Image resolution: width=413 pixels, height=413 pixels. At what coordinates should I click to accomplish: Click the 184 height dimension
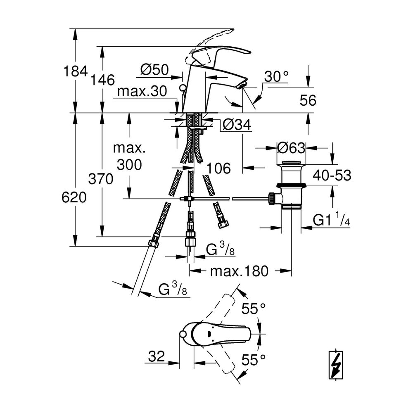pyautogui.click(x=75, y=71)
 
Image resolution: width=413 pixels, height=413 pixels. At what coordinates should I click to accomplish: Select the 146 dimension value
pyautogui.click(x=102, y=80)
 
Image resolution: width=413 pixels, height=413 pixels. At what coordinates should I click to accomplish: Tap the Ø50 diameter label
pyautogui.click(x=154, y=70)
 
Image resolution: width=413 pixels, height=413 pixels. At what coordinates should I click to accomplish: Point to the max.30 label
pyautogui.click(x=142, y=91)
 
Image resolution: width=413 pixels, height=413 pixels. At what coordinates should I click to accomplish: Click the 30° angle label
pyautogui.click(x=276, y=76)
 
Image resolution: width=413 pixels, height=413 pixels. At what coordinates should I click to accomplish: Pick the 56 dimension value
pyautogui.click(x=308, y=100)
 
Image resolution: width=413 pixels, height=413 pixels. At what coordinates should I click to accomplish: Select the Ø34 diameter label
pyautogui.click(x=237, y=124)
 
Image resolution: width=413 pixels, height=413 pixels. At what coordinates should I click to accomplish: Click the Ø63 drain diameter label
pyautogui.click(x=291, y=148)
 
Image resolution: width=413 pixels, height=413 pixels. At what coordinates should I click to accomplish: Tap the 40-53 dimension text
pyautogui.click(x=332, y=175)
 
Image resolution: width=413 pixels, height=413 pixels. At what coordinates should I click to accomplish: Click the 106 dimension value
pyautogui.click(x=218, y=168)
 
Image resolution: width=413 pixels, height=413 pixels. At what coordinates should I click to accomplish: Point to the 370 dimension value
pyautogui.click(x=101, y=179)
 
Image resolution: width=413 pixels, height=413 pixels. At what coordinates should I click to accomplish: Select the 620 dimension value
pyautogui.click(x=74, y=197)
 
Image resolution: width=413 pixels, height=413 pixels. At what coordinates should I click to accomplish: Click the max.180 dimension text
pyautogui.click(x=239, y=271)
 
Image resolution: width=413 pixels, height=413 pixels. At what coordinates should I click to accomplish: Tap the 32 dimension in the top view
pyautogui.click(x=157, y=356)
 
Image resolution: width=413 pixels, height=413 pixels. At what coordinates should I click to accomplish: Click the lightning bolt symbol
pyautogui.click(x=336, y=365)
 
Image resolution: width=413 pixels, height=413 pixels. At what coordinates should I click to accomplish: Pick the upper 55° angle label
pyautogui.click(x=254, y=309)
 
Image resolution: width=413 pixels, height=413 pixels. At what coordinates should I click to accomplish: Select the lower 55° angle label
pyautogui.click(x=254, y=360)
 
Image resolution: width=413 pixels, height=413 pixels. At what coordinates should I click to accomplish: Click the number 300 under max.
pyautogui.click(x=129, y=165)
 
